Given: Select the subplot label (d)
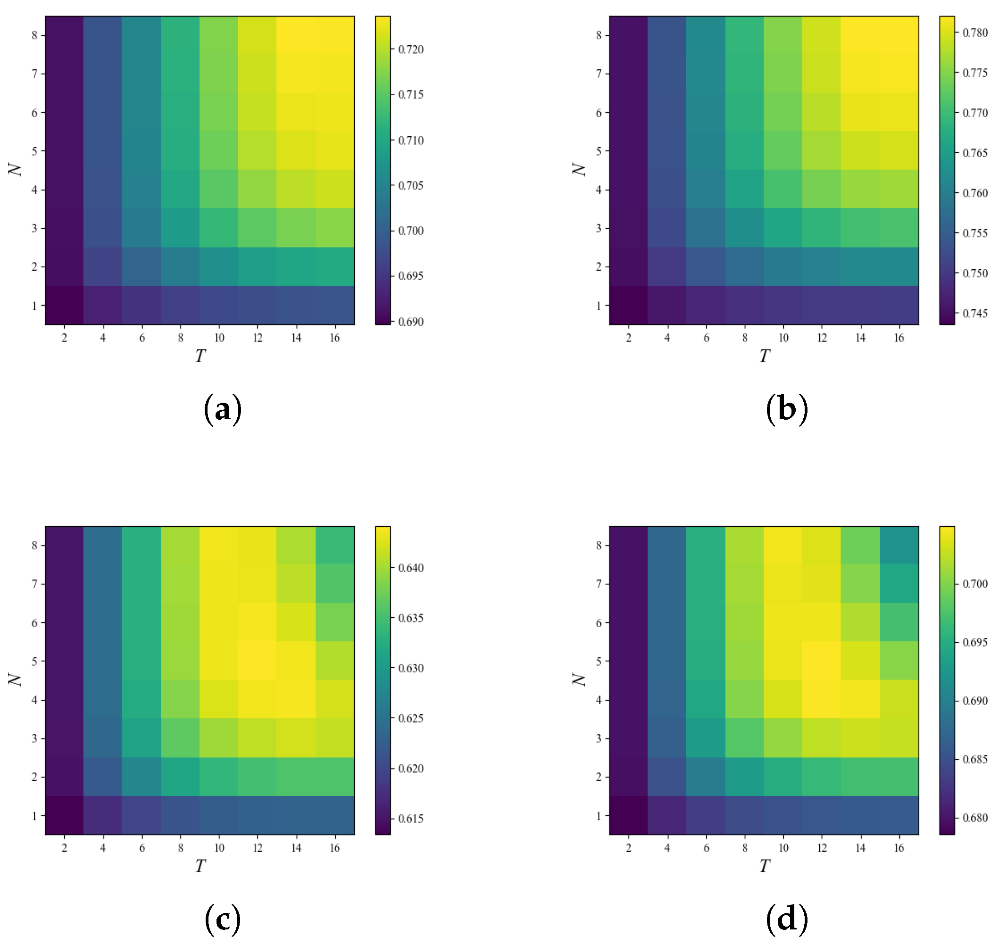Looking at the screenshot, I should (x=786, y=920).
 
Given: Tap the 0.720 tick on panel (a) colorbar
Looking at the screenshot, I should (x=410, y=50).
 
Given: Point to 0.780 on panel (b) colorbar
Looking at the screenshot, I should (x=975, y=33).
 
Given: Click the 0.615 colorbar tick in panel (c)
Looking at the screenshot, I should (x=410, y=819).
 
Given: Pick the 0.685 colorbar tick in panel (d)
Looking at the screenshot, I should (x=975, y=759).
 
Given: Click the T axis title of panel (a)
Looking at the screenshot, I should (x=200, y=356).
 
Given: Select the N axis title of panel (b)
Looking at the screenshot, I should (x=579, y=170).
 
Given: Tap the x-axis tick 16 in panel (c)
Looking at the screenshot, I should (x=334, y=848).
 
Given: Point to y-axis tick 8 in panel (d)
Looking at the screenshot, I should (x=599, y=545).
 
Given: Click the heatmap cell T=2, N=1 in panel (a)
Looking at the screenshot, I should (x=65, y=305).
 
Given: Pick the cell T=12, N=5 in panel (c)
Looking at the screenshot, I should (x=258, y=661).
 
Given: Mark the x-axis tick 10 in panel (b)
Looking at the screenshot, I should (x=783, y=338).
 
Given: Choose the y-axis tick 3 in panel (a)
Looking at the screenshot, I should (x=34, y=228).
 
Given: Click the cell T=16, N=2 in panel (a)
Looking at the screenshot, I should (x=334, y=266).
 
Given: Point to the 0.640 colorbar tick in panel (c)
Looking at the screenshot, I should (x=410, y=568).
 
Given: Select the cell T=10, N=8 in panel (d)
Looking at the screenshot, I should (x=783, y=545).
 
